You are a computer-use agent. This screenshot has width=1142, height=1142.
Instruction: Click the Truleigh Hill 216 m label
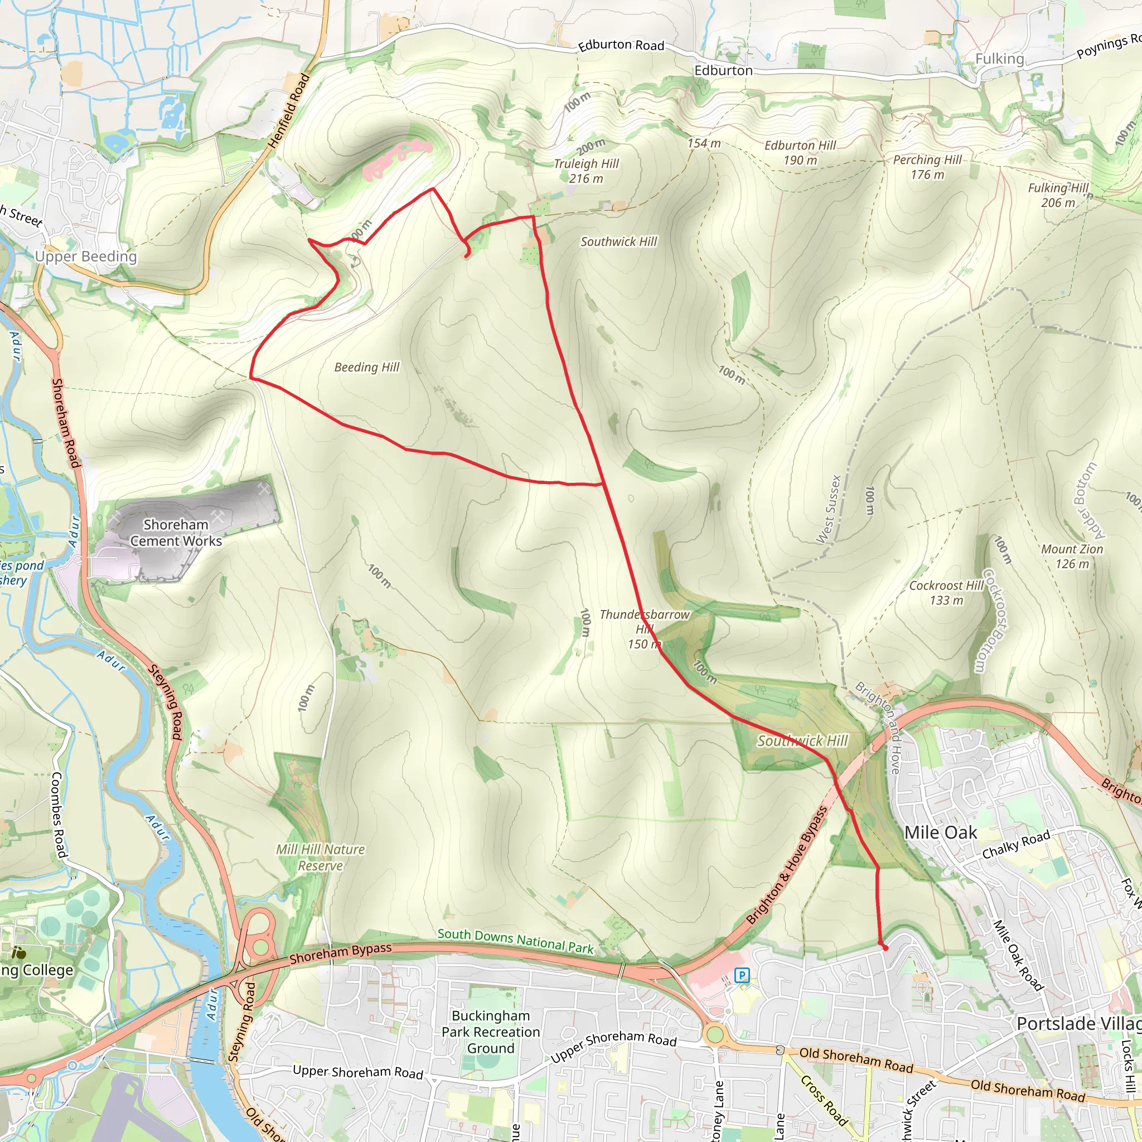point(586,171)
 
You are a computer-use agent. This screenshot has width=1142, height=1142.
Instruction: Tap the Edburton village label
point(723,70)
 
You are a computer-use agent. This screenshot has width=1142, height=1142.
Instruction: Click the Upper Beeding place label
point(86,256)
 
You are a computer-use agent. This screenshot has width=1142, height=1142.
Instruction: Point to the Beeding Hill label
point(366,367)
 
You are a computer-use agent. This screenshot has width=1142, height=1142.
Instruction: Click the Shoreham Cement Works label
point(176,533)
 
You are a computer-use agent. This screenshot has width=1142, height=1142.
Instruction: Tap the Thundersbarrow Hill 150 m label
point(643,629)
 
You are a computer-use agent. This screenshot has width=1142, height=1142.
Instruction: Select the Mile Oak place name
point(941,833)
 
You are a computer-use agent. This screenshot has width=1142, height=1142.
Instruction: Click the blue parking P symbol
point(742,975)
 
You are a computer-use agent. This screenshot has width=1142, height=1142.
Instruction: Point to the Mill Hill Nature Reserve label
point(321,857)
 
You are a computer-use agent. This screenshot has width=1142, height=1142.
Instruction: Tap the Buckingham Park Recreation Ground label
point(491,1032)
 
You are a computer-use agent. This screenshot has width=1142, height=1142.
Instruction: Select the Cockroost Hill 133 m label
point(946,593)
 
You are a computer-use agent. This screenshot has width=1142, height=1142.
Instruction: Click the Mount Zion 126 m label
point(1072,556)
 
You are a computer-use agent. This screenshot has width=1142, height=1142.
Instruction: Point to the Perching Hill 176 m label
point(927,167)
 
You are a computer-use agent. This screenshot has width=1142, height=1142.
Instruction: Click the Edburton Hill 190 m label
point(800,152)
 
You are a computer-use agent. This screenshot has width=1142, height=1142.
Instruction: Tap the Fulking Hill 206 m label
point(1057,195)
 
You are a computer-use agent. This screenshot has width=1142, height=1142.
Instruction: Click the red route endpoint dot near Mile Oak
point(885,948)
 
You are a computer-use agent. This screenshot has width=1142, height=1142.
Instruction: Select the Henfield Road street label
point(288,111)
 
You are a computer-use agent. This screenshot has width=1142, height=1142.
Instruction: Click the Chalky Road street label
point(1015,844)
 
